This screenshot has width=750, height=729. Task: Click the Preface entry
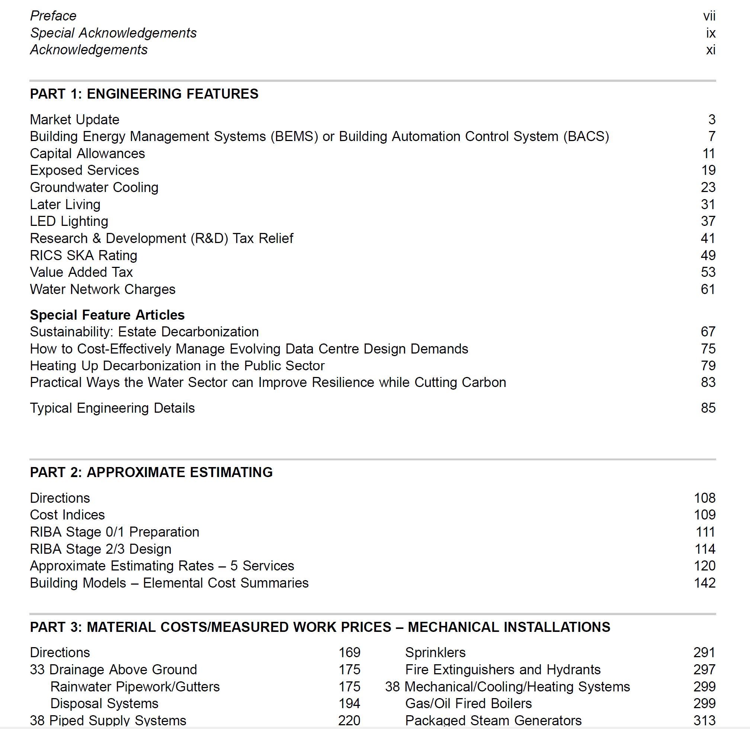[x=53, y=16]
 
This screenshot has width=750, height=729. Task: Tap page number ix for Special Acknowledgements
[x=711, y=33]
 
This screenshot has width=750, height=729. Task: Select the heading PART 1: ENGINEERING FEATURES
[x=144, y=94]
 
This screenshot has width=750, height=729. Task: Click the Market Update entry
[x=75, y=119]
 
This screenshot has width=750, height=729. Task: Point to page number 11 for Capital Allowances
[x=709, y=154]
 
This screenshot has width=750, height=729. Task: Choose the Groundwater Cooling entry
[x=94, y=187]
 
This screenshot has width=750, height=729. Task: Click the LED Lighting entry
[x=69, y=221]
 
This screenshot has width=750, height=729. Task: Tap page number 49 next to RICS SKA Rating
[x=708, y=255]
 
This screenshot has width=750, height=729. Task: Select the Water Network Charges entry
[x=103, y=289]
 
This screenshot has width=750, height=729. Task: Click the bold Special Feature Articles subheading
[x=107, y=315]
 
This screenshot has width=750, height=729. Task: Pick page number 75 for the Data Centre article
[x=708, y=349]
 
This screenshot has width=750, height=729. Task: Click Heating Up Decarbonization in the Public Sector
[x=177, y=366]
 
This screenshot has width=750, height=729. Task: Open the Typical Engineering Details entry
[x=112, y=408]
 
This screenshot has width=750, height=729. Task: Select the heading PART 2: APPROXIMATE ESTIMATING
[x=151, y=472]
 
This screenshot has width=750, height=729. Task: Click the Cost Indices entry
[x=67, y=515]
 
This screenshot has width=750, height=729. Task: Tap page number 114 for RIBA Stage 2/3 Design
[x=705, y=549]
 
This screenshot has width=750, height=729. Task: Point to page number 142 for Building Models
[x=705, y=583]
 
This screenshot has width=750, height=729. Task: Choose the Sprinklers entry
[x=435, y=652]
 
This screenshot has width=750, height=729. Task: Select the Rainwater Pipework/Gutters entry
[x=135, y=687]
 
